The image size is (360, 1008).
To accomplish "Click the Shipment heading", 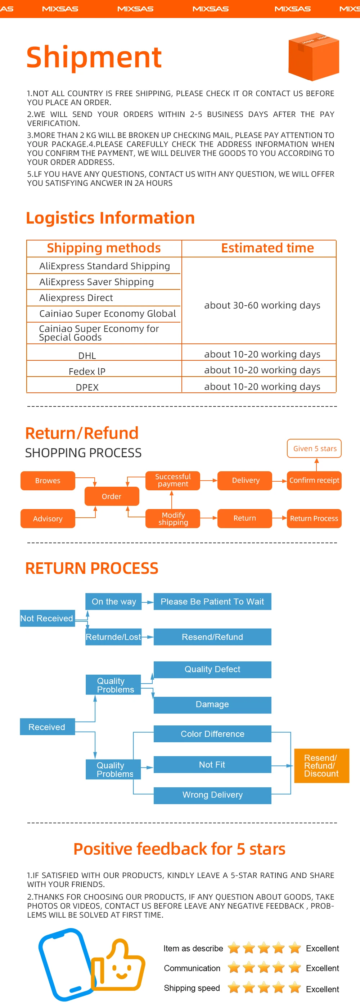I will [x=94, y=57].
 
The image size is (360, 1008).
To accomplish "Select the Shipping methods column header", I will [x=104, y=248].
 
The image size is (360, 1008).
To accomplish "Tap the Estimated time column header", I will [x=267, y=248].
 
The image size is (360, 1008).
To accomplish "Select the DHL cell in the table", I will [x=87, y=355].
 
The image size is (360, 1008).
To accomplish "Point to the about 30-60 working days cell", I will [x=262, y=305].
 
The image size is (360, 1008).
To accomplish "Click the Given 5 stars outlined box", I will [x=315, y=449].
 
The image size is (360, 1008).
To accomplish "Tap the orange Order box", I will [x=112, y=496].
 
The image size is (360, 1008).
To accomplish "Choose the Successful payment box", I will [x=172, y=481].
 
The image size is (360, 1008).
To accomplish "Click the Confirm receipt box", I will [x=314, y=481].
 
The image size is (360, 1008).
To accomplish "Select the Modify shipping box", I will [x=172, y=518].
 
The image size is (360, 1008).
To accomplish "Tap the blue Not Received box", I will [x=47, y=618].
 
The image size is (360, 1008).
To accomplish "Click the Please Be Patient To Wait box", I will [x=212, y=602].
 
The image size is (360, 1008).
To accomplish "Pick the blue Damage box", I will [x=212, y=705].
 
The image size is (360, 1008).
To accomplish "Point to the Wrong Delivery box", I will [x=212, y=795].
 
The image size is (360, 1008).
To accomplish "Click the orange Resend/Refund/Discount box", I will [x=321, y=765].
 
